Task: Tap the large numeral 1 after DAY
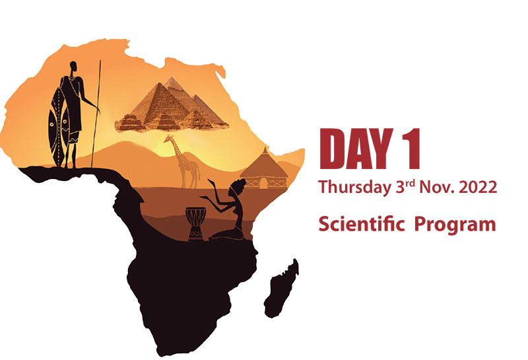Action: [x=411, y=149]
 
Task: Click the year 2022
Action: [x=478, y=187]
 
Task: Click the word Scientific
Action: [x=361, y=224]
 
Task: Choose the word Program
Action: [x=455, y=225]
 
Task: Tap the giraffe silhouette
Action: [x=183, y=162]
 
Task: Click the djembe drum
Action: [x=195, y=224]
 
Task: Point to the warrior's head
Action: [x=73, y=67]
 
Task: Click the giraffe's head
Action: [x=169, y=138]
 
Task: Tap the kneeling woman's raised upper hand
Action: [x=211, y=182]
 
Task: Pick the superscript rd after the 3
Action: [x=411, y=183]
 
